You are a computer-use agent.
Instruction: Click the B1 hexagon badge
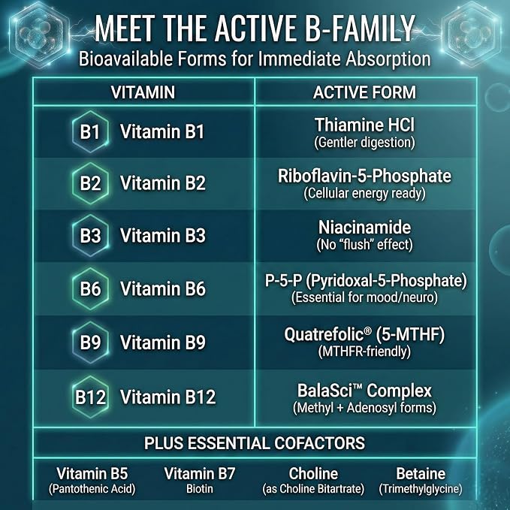(x=90, y=131)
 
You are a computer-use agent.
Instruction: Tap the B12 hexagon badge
(x=90, y=397)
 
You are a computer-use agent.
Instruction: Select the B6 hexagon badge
(x=90, y=288)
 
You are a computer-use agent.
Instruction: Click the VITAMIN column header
(x=143, y=92)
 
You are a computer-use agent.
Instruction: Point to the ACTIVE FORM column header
(x=364, y=92)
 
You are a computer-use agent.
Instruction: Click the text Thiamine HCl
(x=364, y=125)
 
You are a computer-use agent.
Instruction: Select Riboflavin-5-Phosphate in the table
(x=364, y=176)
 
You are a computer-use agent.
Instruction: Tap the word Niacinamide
(x=364, y=227)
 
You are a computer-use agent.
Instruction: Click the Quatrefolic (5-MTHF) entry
(x=364, y=334)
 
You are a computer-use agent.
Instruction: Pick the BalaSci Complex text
(x=364, y=391)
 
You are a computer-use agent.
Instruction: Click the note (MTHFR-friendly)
(x=364, y=352)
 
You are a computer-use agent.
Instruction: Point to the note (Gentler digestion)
(x=364, y=143)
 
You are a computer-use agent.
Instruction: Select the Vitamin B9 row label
(x=163, y=343)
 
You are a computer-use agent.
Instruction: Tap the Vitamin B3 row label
(x=163, y=235)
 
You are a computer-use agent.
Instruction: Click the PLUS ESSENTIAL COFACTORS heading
(x=255, y=443)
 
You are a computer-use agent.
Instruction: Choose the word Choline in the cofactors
(x=313, y=473)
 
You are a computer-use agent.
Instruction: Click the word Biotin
(x=200, y=489)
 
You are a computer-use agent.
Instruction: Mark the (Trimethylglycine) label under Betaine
(x=421, y=489)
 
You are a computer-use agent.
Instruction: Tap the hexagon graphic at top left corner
(x=39, y=34)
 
